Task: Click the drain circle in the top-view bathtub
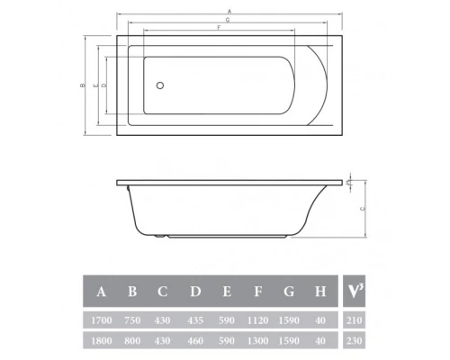160,86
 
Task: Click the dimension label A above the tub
230,10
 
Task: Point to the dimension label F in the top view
218,29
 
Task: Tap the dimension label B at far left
82,85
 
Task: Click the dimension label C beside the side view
363,208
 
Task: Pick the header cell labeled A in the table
102,291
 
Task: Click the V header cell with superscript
355,291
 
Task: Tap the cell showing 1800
102,341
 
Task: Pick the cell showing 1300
260,341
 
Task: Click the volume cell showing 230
355,341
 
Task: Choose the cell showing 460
196,341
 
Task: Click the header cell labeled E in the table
229,291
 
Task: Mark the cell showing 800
133,341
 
